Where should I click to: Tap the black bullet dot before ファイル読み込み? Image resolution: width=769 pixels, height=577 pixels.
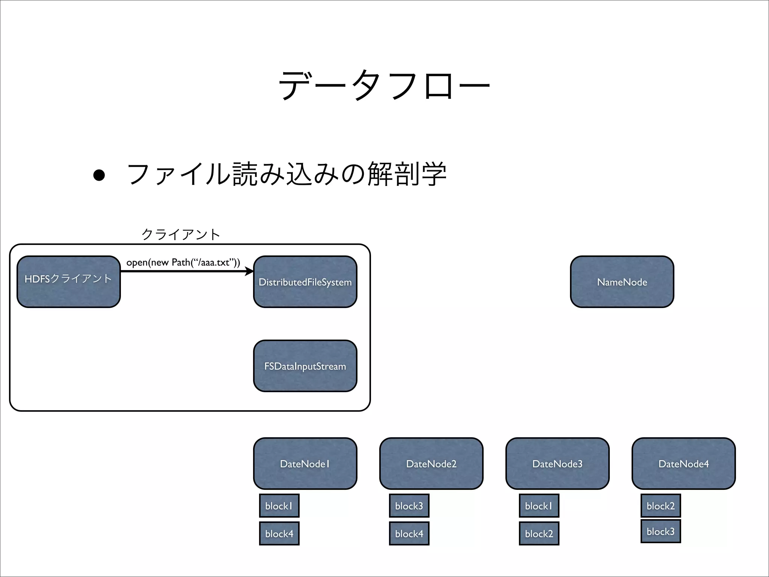point(99,175)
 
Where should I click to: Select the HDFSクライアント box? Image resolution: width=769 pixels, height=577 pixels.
point(69,282)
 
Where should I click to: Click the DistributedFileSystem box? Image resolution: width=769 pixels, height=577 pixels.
point(305,282)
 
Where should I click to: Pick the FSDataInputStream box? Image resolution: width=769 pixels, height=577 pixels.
point(305,366)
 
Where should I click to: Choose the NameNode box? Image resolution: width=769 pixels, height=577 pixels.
point(622,282)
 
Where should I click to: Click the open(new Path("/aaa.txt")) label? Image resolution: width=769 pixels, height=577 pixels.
point(183,262)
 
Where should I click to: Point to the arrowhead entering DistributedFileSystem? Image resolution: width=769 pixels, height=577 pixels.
point(249,271)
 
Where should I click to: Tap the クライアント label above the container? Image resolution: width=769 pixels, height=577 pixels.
point(181,234)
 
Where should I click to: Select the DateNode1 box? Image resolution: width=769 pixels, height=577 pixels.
point(305,464)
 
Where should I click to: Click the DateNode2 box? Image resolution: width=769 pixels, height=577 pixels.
point(431,464)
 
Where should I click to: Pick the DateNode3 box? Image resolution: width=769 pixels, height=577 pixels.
point(557,464)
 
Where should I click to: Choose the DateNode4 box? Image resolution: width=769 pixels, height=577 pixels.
point(683,464)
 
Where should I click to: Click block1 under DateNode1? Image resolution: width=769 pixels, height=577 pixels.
point(279,506)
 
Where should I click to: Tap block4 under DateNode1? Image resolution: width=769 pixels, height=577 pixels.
point(279,533)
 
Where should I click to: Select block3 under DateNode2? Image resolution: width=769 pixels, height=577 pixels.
point(409,506)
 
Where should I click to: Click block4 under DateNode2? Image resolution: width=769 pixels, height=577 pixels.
point(409,533)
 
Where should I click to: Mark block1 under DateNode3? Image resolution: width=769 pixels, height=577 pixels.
point(539,506)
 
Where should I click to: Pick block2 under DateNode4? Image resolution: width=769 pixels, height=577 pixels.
point(660,506)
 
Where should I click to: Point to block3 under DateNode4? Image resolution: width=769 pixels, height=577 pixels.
point(660,531)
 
